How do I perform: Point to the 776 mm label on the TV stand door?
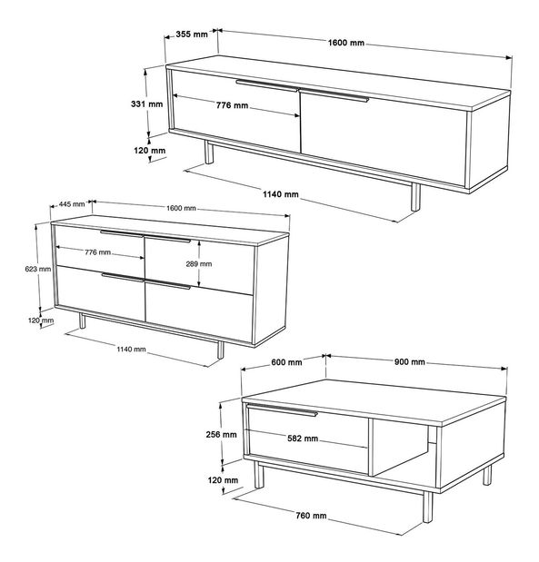click(x=232, y=106)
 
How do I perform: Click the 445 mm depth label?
click(x=72, y=204)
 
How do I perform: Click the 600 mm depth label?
click(x=287, y=363)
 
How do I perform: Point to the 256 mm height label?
click(x=224, y=435)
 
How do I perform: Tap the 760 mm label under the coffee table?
click(x=310, y=516)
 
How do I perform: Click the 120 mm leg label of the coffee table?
click(x=224, y=479)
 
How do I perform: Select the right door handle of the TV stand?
click(x=334, y=95)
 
